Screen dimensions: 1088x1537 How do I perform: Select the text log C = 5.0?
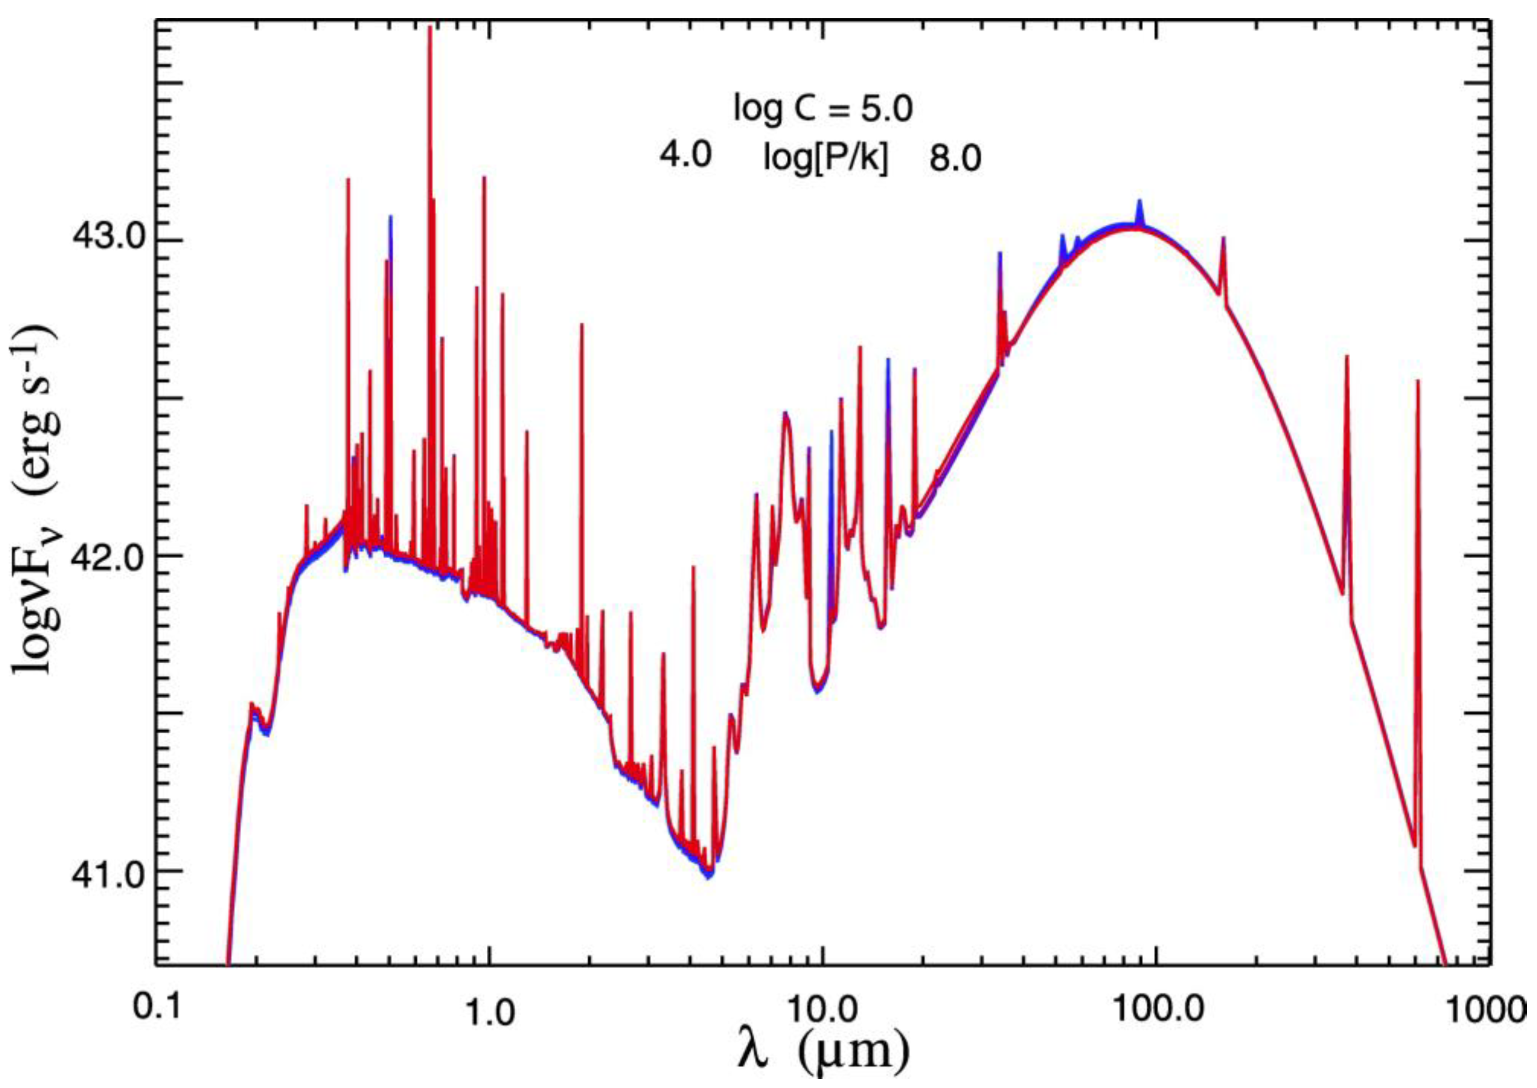click(x=823, y=110)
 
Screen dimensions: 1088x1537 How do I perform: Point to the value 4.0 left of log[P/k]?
click(x=681, y=157)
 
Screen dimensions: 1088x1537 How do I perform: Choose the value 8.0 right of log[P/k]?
click(x=955, y=161)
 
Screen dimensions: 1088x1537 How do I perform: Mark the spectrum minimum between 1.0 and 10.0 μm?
click(x=708, y=876)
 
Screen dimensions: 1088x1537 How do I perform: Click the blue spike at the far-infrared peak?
click(x=1139, y=201)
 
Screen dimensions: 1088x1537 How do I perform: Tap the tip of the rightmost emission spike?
click(x=1418, y=381)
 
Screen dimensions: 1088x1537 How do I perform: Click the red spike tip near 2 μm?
click(x=582, y=324)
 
